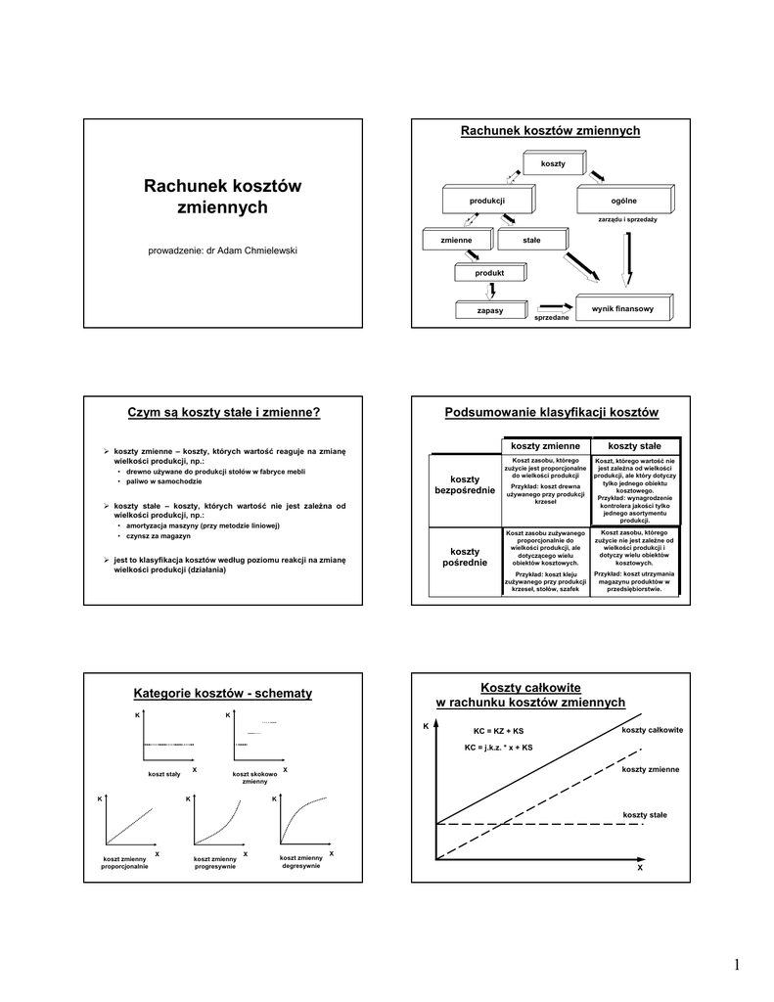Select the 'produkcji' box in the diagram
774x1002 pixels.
486,200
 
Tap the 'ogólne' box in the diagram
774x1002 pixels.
623,200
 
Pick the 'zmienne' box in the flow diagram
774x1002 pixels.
456,240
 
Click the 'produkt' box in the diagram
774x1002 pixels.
489,272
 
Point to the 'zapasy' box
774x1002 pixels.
490,310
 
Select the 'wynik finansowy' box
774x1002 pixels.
622,308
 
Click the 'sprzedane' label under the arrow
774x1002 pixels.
551,318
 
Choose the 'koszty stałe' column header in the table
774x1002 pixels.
634,446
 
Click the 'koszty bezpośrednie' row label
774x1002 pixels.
465,484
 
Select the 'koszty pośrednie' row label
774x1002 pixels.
465,558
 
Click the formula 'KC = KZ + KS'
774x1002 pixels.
498,731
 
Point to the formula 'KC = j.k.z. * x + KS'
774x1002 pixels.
498,748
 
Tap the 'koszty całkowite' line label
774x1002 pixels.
652,731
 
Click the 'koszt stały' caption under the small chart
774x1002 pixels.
164,774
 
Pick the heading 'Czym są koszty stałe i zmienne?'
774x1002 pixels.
225,412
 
